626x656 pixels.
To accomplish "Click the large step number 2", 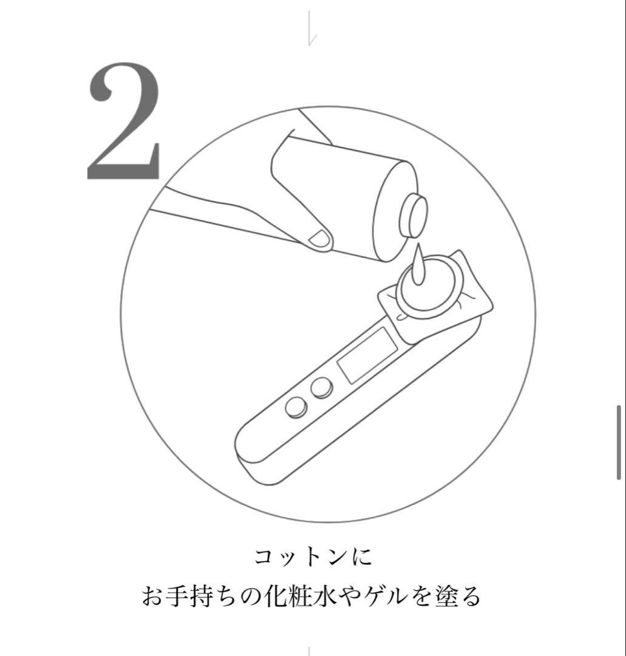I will click(124, 121).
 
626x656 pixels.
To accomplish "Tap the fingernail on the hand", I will click(319, 239).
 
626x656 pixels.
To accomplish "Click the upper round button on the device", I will click(321, 387).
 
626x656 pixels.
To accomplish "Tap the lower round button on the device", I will click(295, 407).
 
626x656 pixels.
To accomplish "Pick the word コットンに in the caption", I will click(313, 558).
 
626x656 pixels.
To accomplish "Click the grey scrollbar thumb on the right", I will click(619, 442).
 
